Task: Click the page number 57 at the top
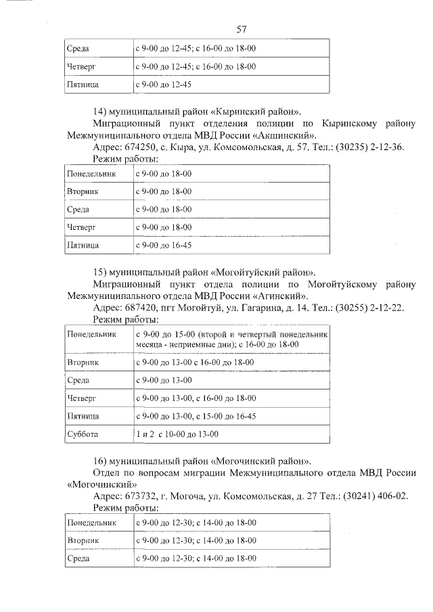[241, 29]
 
